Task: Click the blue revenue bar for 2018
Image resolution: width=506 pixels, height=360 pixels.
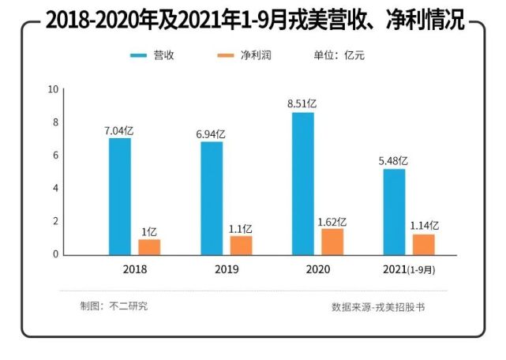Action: point(120,197)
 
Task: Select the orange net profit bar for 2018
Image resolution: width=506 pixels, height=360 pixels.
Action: point(149,246)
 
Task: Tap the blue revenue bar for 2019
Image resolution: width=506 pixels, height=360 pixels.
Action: point(212,198)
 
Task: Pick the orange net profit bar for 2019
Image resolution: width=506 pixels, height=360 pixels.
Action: point(241,245)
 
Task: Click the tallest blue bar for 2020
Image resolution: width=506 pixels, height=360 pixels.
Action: point(303,183)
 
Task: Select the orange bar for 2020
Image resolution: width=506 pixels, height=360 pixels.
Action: point(332,242)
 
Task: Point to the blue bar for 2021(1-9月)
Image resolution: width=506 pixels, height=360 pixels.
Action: point(395,212)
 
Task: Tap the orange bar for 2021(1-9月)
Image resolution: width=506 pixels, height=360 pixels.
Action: point(424,245)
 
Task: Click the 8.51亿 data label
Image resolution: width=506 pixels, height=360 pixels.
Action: point(302,103)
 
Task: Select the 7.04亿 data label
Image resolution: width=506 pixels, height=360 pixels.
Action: point(119,130)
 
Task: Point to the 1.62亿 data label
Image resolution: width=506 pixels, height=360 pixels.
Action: point(332,222)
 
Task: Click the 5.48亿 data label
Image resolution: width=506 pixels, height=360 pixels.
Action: point(394,160)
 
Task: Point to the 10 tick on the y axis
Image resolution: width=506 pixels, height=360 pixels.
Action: point(54,88)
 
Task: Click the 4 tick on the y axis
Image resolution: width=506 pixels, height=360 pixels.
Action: point(55,188)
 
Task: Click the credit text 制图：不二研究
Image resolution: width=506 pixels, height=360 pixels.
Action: point(114,306)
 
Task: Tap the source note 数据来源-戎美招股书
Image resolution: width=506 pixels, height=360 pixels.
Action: point(378,306)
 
